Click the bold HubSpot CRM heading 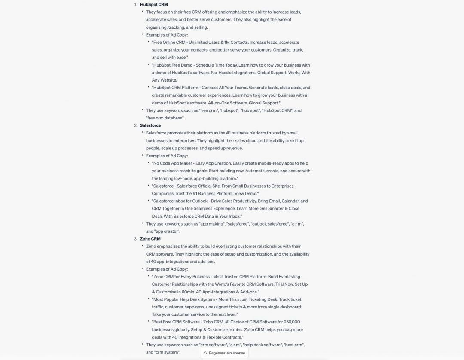[x=154, y=4]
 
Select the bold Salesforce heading [x=150, y=125]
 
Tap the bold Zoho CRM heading [x=150, y=239]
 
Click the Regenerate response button [x=224, y=353]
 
